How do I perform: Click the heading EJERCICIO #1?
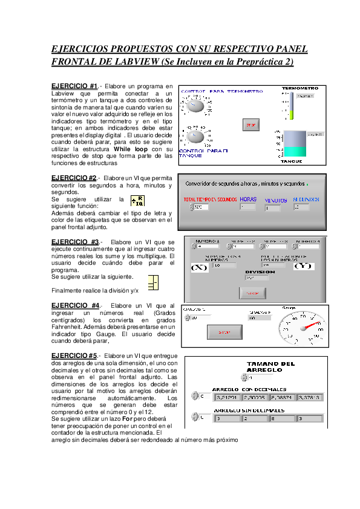[x=70, y=87]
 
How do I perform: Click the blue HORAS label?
[x=248, y=199]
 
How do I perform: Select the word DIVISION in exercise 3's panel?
[x=260, y=271]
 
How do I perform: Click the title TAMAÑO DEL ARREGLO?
[x=271, y=366]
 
